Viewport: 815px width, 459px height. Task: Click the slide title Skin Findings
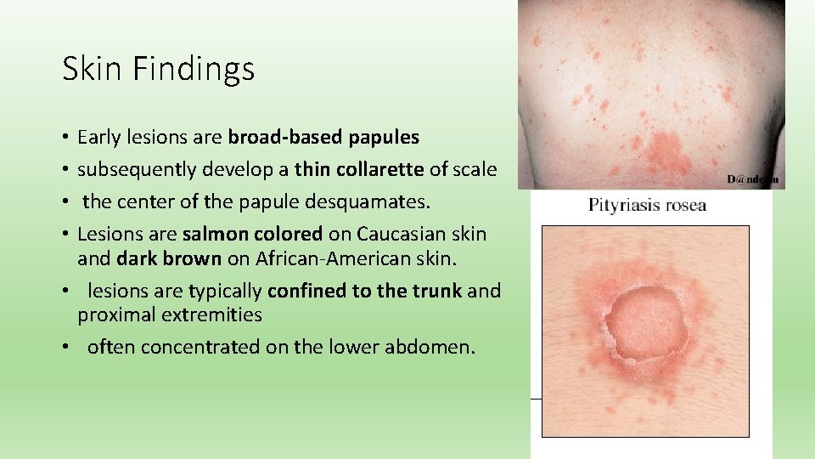(x=158, y=69)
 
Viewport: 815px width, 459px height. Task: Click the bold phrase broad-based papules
(x=323, y=137)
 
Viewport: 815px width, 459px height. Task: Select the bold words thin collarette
(x=358, y=169)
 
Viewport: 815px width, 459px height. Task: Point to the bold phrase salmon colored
(x=252, y=234)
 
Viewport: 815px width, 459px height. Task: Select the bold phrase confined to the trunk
(x=364, y=292)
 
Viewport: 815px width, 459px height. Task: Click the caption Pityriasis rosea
(x=648, y=205)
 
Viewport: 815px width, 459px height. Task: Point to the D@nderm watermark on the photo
(x=752, y=179)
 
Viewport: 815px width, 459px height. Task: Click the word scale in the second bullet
(x=474, y=169)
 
